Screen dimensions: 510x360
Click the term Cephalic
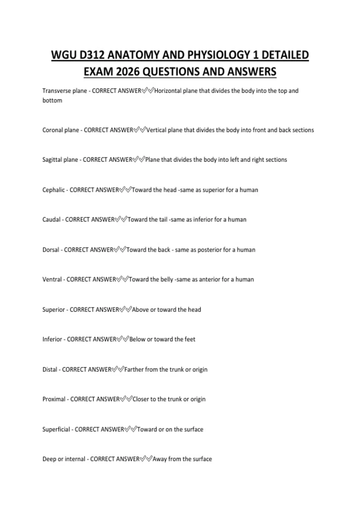(53, 190)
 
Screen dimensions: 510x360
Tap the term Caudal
(51, 220)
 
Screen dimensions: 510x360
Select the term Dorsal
(51, 250)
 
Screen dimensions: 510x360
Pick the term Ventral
(52, 280)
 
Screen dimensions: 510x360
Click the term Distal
(50, 370)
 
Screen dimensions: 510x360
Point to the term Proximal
(54, 399)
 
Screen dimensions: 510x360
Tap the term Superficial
(56, 430)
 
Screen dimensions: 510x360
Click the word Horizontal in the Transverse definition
(168, 91)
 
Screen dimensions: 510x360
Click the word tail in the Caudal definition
(163, 220)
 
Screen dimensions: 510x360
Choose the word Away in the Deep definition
(160, 459)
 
